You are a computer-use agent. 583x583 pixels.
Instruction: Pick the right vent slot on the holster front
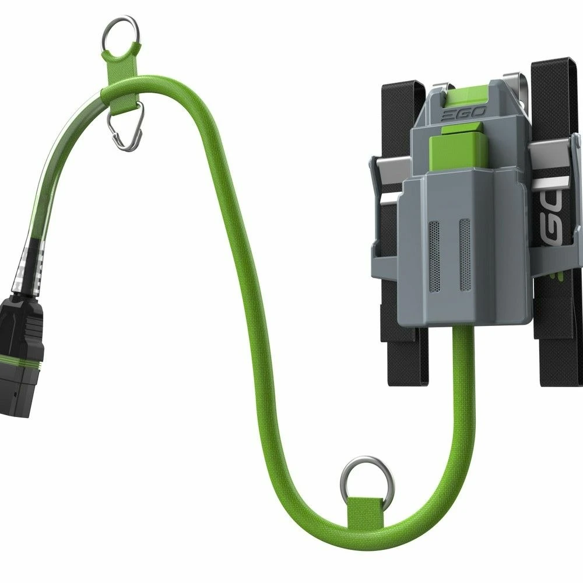(464, 254)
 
